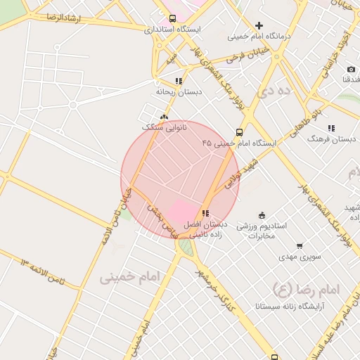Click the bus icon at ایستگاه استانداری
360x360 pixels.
click(x=173, y=19)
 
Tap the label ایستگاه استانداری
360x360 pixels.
click(x=172, y=30)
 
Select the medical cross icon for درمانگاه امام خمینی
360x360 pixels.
click(x=259, y=26)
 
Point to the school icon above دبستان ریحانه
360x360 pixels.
click(x=179, y=81)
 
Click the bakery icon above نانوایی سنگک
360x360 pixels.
click(x=165, y=117)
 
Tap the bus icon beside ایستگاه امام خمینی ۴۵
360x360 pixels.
click(x=240, y=132)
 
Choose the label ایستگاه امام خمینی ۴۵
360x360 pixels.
click(x=239, y=143)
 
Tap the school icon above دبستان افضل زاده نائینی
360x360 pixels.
click(x=205, y=213)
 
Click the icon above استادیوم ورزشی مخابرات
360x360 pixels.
click(x=262, y=215)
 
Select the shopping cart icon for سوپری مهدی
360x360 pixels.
click(x=300, y=246)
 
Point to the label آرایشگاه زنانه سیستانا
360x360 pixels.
click(x=290, y=307)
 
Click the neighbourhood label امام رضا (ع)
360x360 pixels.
click(x=306, y=288)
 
